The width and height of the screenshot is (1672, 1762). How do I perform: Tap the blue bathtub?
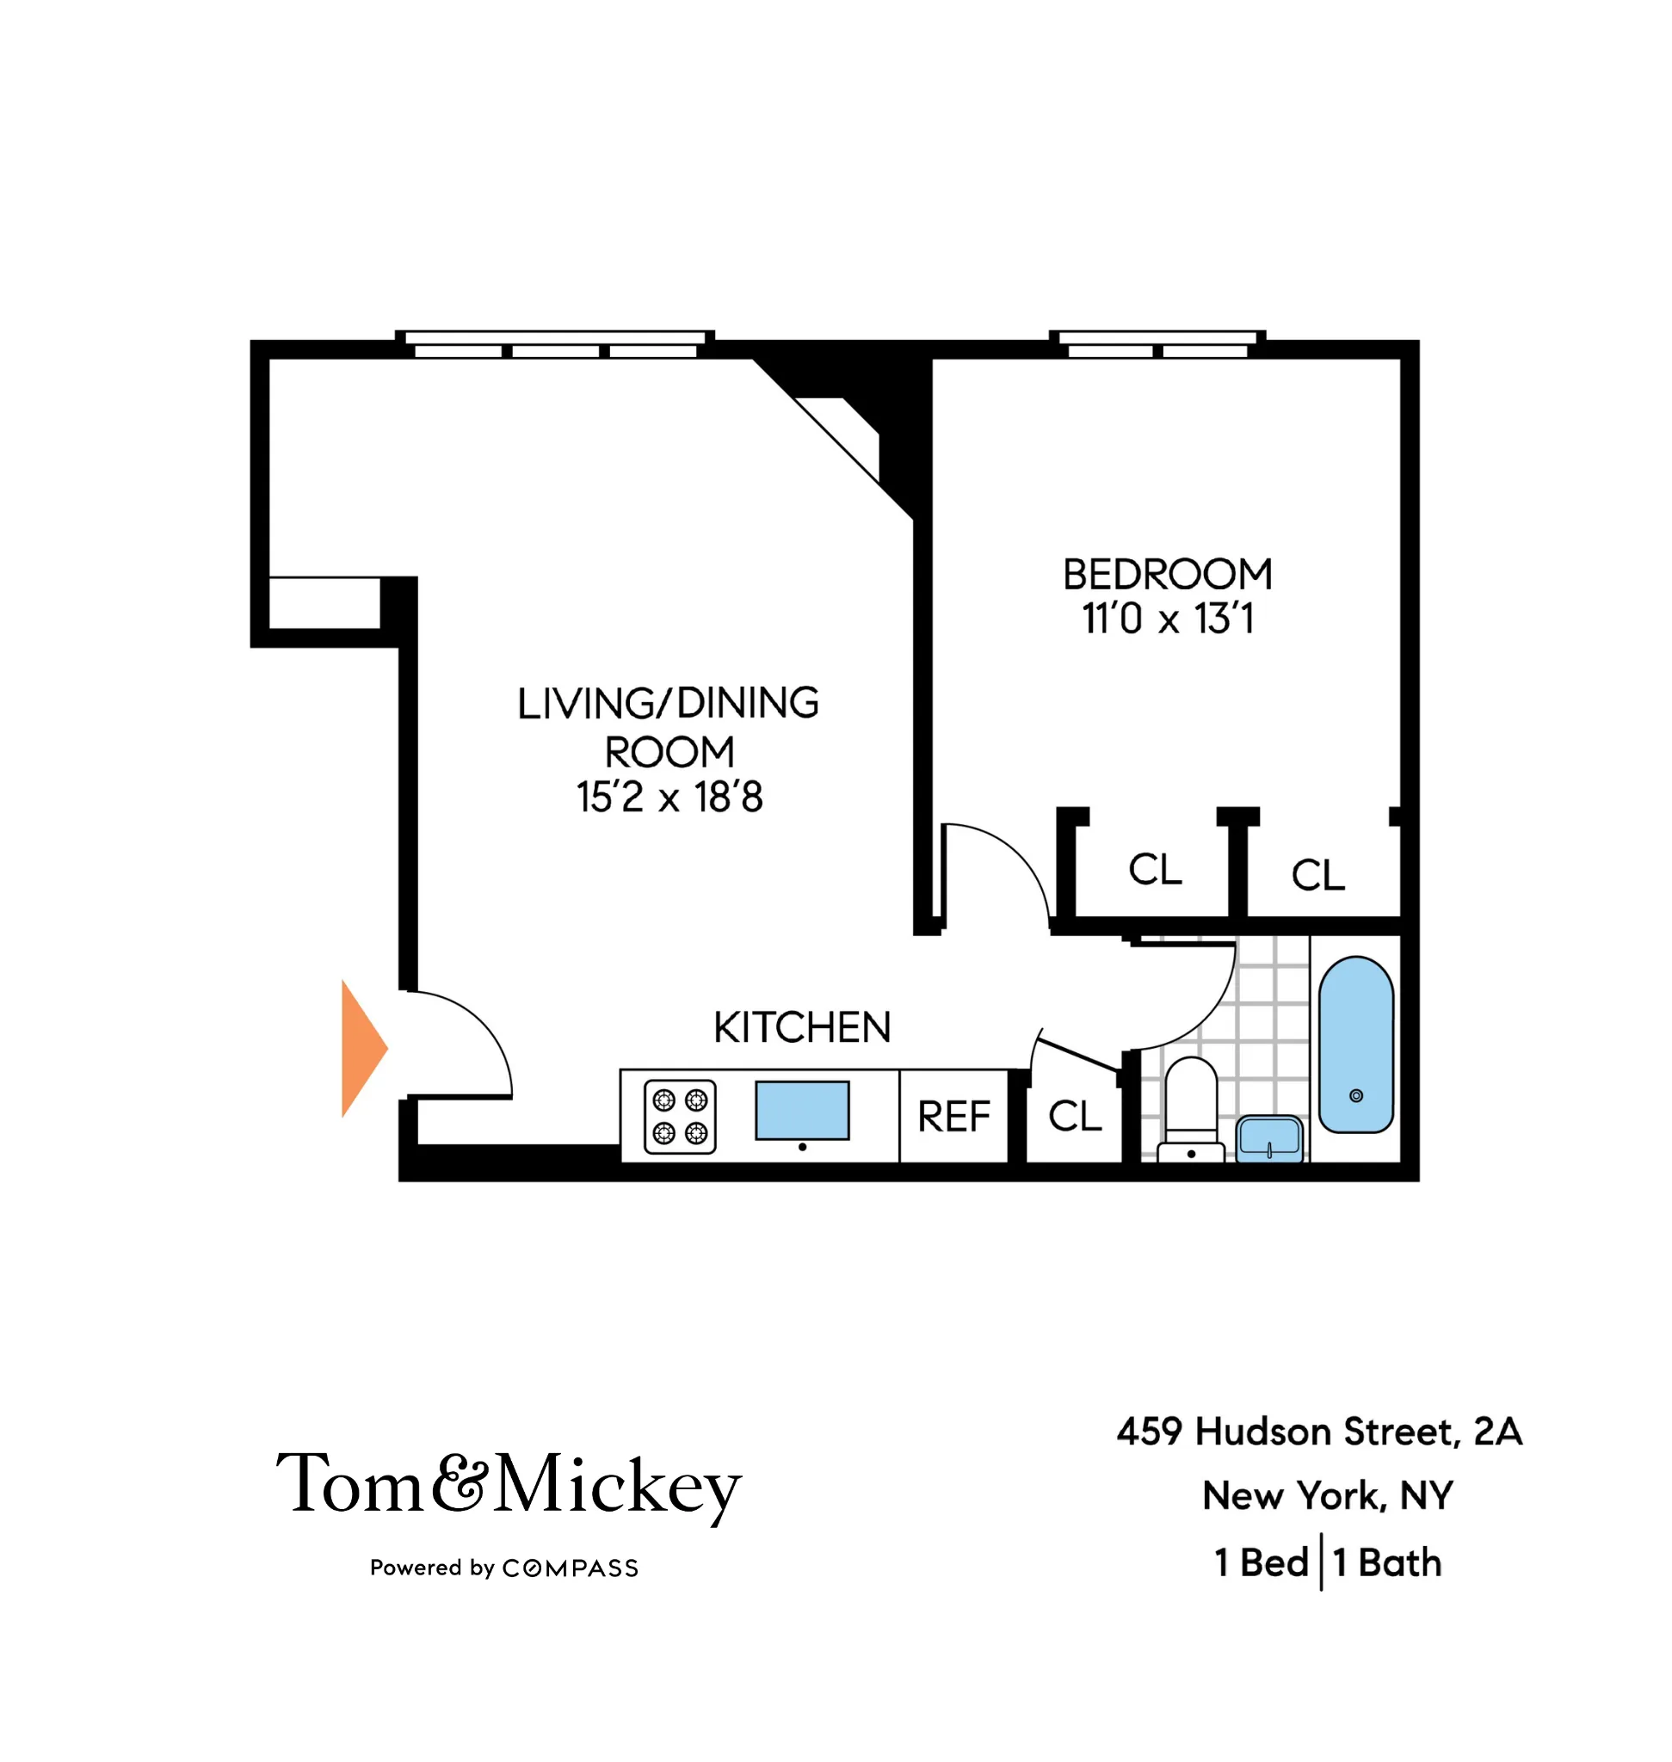[x=1355, y=1044]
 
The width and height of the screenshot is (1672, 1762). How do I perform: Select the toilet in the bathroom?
[x=1191, y=1109]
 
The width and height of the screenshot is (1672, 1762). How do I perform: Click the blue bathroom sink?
[x=1269, y=1138]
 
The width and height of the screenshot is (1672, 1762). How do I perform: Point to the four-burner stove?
[x=680, y=1117]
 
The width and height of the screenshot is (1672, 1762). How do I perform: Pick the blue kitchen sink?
[x=802, y=1111]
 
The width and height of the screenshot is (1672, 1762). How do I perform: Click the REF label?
[x=953, y=1117]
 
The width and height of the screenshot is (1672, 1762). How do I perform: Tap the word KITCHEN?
[x=802, y=1027]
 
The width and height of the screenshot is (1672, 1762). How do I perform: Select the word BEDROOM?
[x=1168, y=575]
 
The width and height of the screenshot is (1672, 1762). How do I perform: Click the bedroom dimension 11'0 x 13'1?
[x=1168, y=619]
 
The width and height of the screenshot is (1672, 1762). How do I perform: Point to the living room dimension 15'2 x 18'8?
[x=669, y=797]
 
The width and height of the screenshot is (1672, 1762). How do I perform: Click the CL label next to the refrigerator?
[x=1075, y=1116]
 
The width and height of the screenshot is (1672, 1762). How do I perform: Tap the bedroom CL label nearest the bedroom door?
[x=1155, y=869]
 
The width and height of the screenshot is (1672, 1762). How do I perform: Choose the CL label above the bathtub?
[x=1318, y=875]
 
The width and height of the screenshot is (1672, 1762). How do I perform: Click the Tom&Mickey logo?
[x=508, y=1486]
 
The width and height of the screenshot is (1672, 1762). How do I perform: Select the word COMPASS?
[x=571, y=1568]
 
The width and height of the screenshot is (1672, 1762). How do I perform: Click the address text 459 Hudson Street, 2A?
[x=1320, y=1432]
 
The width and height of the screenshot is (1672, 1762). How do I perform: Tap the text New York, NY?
[x=1327, y=1495]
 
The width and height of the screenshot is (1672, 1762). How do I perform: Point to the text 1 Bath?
[x=1387, y=1562]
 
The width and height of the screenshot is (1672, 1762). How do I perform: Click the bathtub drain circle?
[x=1355, y=1095]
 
